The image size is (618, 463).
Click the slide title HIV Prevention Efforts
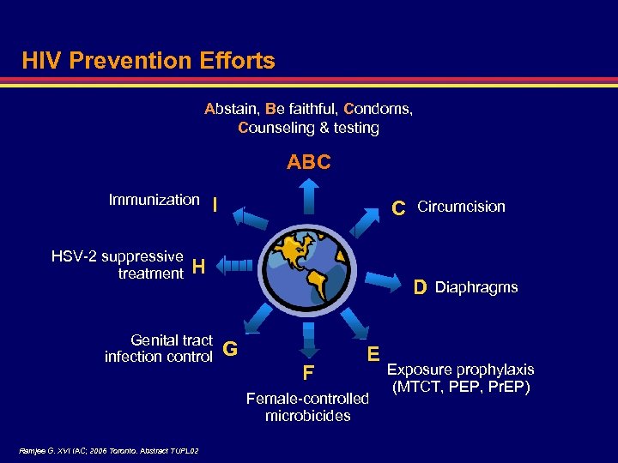[x=148, y=61]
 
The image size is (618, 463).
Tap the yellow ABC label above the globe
[x=308, y=162]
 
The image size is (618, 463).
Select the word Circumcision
[x=461, y=207]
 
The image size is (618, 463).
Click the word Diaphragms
[x=476, y=287]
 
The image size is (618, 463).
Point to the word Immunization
[x=154, y=200]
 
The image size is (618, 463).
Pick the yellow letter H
[x=198, y=267]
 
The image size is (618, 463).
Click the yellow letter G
[x=229, y=349]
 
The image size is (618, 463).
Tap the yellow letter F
[x=307, y=373]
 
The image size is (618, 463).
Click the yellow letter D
[x=420, y=287]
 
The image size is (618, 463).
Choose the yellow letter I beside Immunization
[x=215, y=204]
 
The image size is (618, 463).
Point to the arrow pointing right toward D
[x=384, y=278]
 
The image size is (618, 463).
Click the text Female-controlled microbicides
[x=307, y=407]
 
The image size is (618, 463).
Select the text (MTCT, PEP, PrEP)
[x=461, y=387]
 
